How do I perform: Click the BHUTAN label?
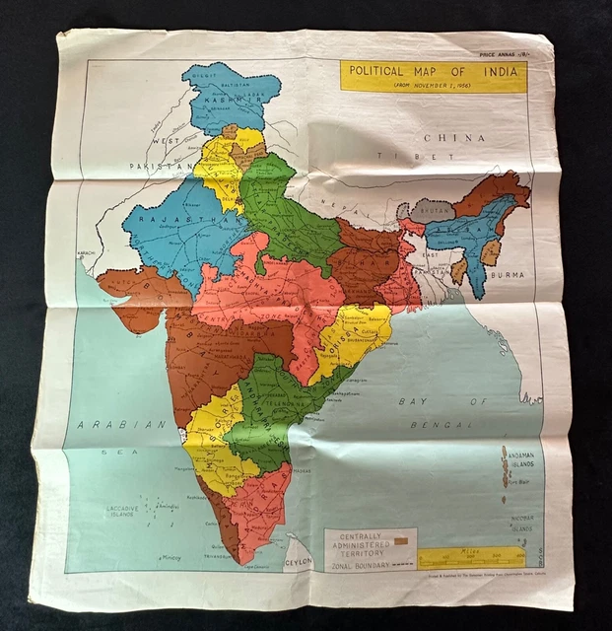(x=431, y=211)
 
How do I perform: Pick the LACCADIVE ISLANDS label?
(x=125, y=511)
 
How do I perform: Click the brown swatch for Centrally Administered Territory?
(x=401, y=541)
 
